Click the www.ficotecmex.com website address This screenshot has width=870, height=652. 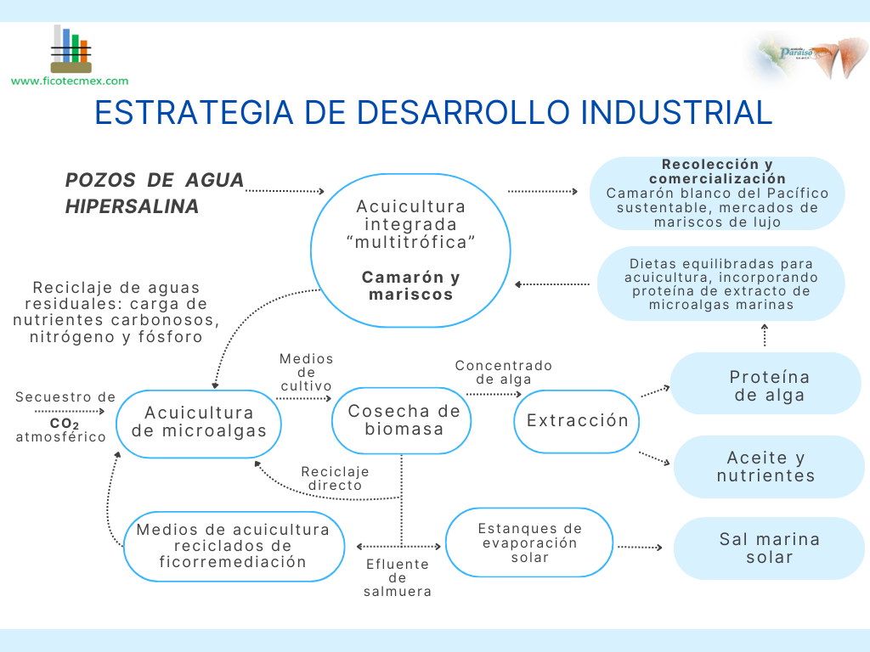tap(70, 81)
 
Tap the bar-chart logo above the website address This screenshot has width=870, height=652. tap(71, 49)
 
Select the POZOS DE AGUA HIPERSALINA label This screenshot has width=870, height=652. tap(154, 193)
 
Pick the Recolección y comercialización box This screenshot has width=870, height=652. tap(717, 194)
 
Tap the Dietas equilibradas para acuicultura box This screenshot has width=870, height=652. tap(720, 284)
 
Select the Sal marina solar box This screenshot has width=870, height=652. tap(768, 548)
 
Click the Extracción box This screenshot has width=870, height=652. tap(577, 421)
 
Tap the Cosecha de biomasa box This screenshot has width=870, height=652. tap(404, 420)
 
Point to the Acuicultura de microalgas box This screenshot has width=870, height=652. tap(198, 422)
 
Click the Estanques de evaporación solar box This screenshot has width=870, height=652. tap(529, 542)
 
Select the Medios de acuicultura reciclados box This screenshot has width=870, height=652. tap(233, 546)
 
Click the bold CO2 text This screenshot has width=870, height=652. tap(64, 423)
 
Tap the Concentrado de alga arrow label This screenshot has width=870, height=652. tap(503, 372)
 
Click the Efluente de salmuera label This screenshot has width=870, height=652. tap(397, 577)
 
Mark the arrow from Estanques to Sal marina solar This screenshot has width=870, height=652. tap(640, 548)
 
